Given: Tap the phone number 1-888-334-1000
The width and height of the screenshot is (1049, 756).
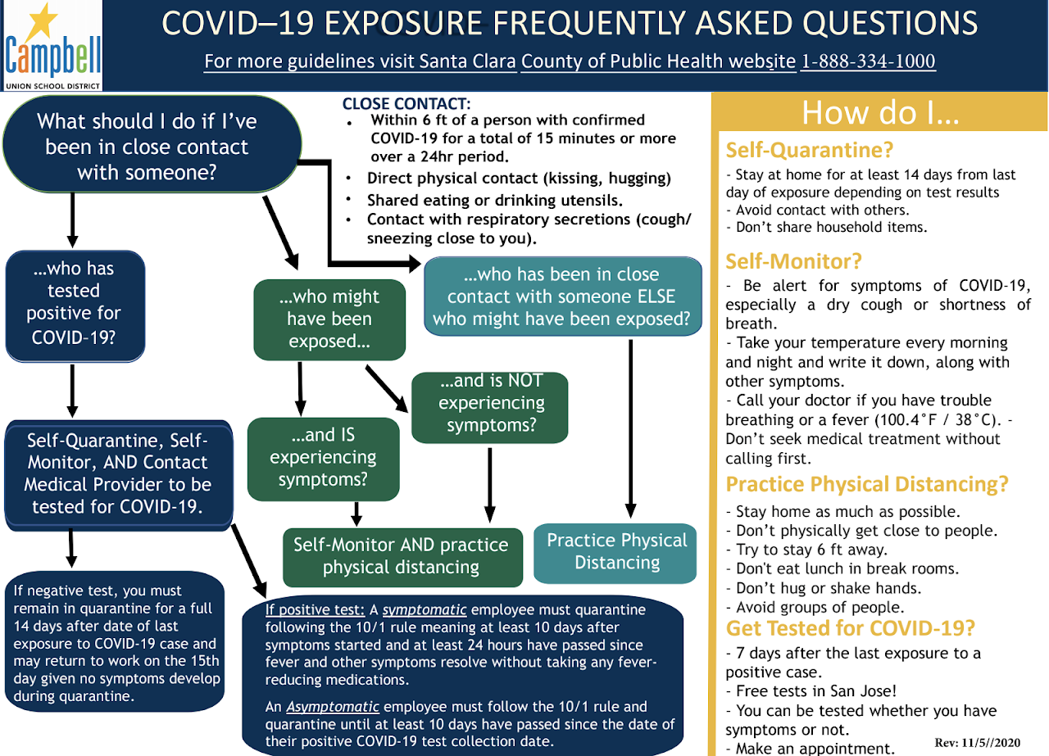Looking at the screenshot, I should (x=867, y=61).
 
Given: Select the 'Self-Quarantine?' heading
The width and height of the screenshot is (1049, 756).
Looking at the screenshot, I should (x=809, y=150).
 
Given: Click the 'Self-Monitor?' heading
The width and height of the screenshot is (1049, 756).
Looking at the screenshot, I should (x=793, y=261).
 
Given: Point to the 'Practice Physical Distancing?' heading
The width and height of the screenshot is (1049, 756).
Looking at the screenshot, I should (x=866, y=484).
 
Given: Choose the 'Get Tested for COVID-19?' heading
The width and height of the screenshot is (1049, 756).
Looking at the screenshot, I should (x=851, y=628).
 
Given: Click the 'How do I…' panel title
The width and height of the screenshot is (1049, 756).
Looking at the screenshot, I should (x=880, y=112).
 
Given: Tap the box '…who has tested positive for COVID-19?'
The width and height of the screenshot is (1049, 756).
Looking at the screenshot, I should (x=75, y=302).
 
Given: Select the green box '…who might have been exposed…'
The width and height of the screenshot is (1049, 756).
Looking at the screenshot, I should (x=329, y=319).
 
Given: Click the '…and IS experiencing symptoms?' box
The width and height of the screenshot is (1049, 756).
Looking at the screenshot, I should (x=323, y=457).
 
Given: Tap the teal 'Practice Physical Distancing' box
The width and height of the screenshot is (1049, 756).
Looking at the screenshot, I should (x=616, y=551).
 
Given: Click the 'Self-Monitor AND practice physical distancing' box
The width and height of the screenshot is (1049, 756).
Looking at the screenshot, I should (x=401, y=556).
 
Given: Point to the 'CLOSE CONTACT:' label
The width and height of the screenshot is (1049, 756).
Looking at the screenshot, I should (x=406, y=104).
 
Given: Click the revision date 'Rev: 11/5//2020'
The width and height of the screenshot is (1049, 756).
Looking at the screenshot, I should (x=978, y=742).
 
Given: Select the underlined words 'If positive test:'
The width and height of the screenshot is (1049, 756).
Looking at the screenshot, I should (x=315, y=610).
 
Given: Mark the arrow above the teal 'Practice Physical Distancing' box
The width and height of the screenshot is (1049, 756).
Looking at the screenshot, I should (x=631, y=430).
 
